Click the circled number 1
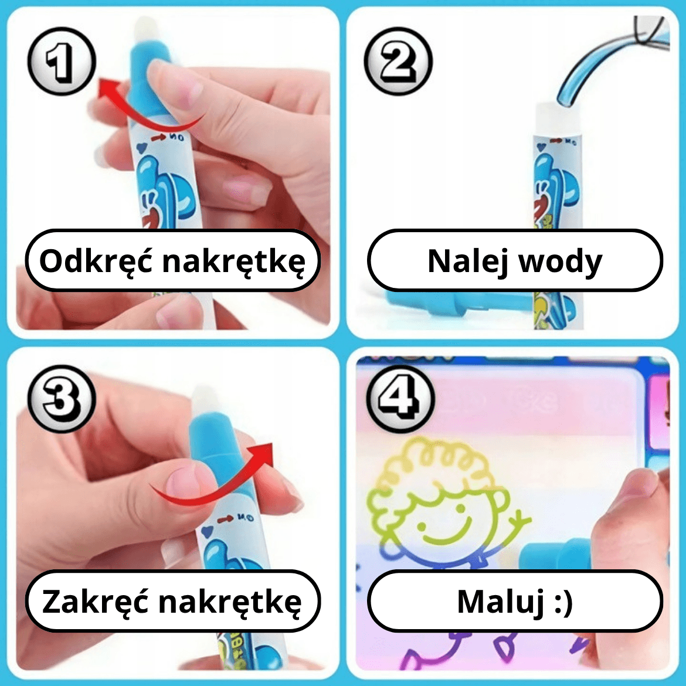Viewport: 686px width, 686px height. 61,61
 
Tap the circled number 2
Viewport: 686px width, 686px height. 398,61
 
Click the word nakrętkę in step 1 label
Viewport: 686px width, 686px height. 234,262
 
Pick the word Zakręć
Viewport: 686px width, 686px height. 95,602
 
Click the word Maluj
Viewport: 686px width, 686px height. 501,602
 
